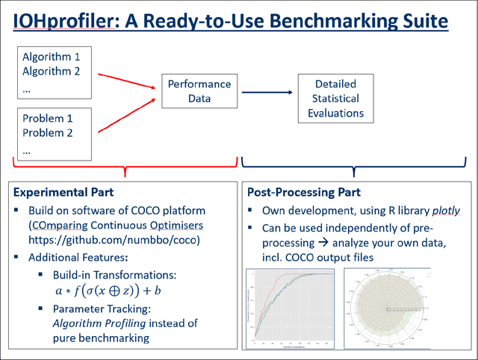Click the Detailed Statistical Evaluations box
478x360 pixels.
click(x=335, y=99)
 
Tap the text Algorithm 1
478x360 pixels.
click(x=52, y=57)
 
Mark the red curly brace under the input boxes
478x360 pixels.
click(x=125, y=168)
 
